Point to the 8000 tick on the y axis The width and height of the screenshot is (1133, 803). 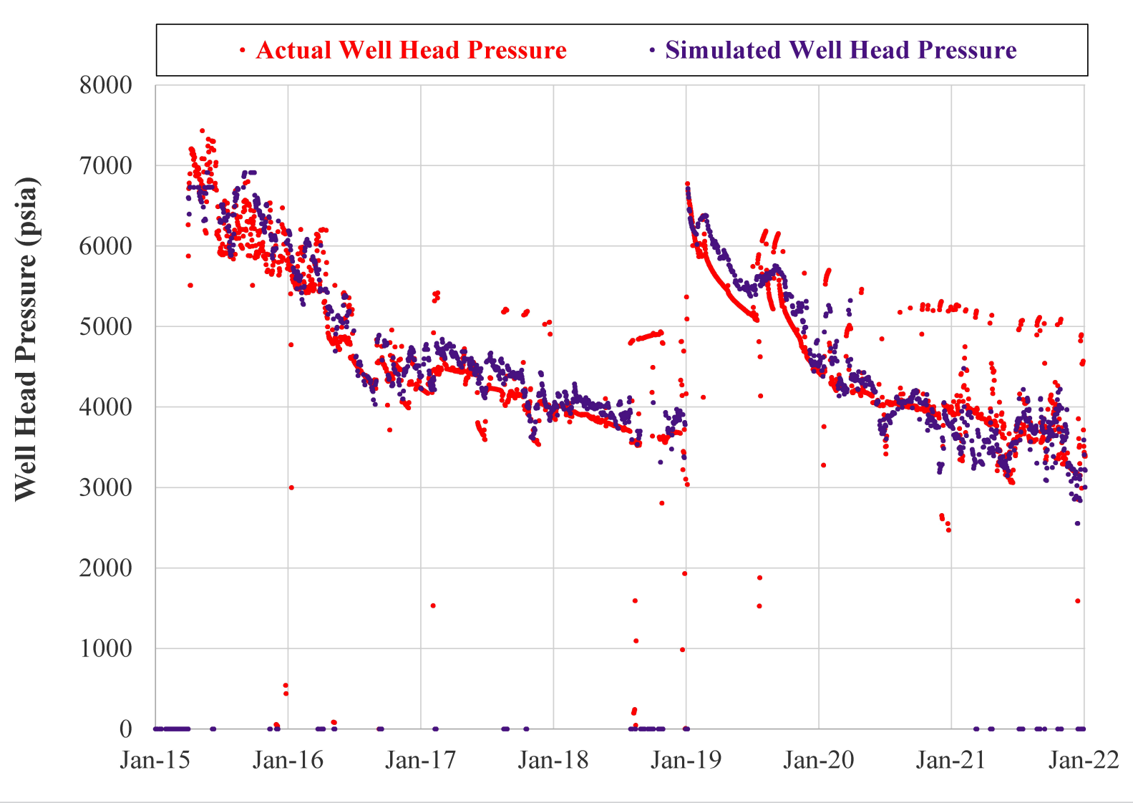tap(106, 85)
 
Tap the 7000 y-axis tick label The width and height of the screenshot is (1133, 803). tap(106, 166)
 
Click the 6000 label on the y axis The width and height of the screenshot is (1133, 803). tap(106, 246)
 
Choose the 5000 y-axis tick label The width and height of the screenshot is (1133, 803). tap(106, 326)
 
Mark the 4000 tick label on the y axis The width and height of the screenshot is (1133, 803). tap(106, 407)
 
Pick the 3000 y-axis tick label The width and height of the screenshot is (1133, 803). tap(106, 487)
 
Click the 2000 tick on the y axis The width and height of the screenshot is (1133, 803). tap(106, 568)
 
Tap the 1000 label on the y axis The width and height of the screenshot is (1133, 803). tap(106, 648)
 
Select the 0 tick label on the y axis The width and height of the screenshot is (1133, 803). tap(126, 729)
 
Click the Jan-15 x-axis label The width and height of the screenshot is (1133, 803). tap(155, 760)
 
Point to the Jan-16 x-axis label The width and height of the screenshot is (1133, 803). tap(288, 760)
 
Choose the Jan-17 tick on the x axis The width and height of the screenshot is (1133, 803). tap(421, 760)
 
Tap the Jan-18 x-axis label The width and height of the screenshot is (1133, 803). tap(553, 760)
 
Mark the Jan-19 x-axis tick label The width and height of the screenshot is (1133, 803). tap(686, 760)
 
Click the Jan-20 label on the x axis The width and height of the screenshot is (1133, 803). tap(819, 760)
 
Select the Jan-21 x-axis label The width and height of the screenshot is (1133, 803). tap(951, 760)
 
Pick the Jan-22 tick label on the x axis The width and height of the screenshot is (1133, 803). tap(1084, 760)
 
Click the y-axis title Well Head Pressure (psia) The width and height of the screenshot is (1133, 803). tap(26, 339)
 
